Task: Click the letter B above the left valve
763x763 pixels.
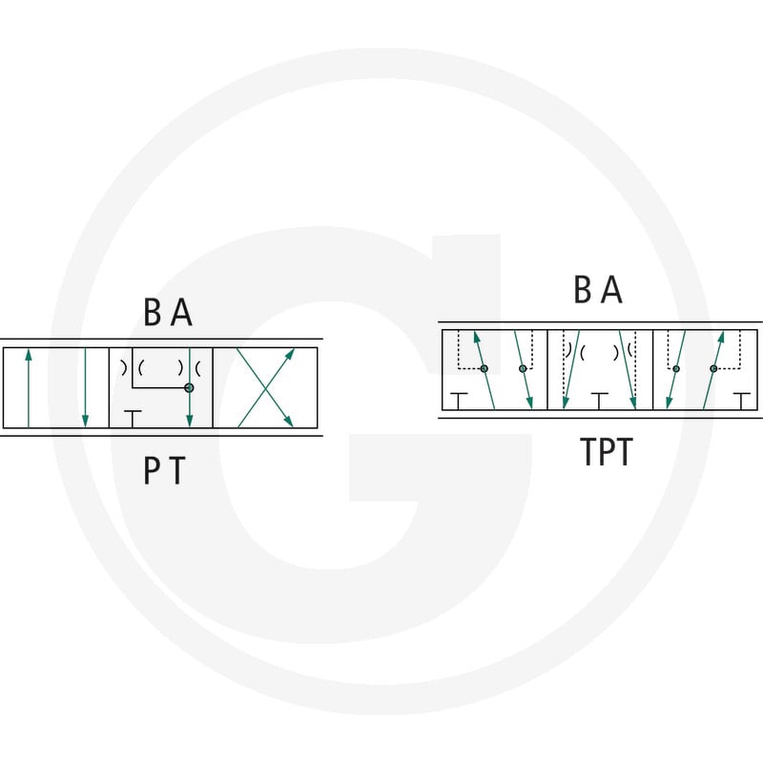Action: click(153, 312)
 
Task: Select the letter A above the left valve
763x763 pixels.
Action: click(182, 312)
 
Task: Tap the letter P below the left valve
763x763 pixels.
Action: click(153, 470)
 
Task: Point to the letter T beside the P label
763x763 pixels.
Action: click(177, 470)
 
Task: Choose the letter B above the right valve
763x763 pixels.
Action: click(583, 289)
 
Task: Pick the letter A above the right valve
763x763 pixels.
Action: click(611, 289)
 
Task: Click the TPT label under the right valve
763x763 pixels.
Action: click(607, 451)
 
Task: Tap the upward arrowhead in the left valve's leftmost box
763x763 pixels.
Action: click(29, 355)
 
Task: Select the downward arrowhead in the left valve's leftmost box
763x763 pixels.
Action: click(86, 421)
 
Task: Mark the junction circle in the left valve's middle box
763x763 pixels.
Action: click(189, 388)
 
